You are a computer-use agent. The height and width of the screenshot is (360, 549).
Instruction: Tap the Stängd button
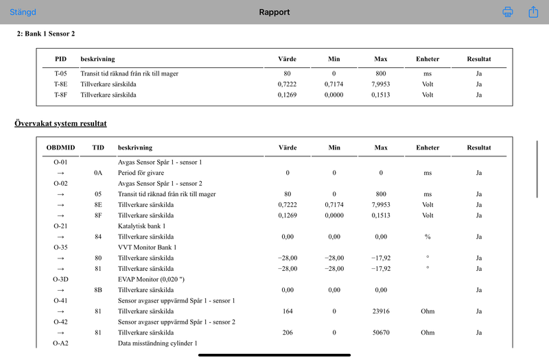(x=23, y=12)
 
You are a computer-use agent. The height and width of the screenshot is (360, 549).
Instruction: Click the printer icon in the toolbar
(x=508, y=12)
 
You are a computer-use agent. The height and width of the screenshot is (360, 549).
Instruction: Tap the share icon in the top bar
(x=533, y=12)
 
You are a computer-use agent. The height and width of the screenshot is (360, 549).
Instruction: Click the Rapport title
(x=274, y=12)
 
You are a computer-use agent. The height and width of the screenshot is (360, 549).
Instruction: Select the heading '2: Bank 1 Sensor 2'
(x=46, y=34)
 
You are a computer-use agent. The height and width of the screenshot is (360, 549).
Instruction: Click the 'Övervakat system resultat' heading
(x=60, y=123)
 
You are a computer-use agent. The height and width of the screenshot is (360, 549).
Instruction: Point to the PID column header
(x=60, y=59)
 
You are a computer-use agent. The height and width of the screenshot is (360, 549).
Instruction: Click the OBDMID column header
(x=60, y=147)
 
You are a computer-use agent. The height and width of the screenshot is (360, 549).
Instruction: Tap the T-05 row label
(x=60, y=73)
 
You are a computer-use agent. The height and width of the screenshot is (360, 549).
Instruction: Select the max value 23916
(x=381, y=311)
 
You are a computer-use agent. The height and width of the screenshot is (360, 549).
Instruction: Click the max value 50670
(x=381, y=333)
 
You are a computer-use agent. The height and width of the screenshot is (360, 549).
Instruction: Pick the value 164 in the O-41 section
(x=288, y=311)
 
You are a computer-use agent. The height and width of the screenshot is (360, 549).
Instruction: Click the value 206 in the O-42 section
(x=288, y=333)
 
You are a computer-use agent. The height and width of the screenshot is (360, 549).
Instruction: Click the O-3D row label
(x=60, y=279)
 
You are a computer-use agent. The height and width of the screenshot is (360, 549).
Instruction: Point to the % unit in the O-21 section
(x=428, y=237)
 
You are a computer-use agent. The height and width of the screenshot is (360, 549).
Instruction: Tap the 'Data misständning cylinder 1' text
(x=158, y=343)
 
